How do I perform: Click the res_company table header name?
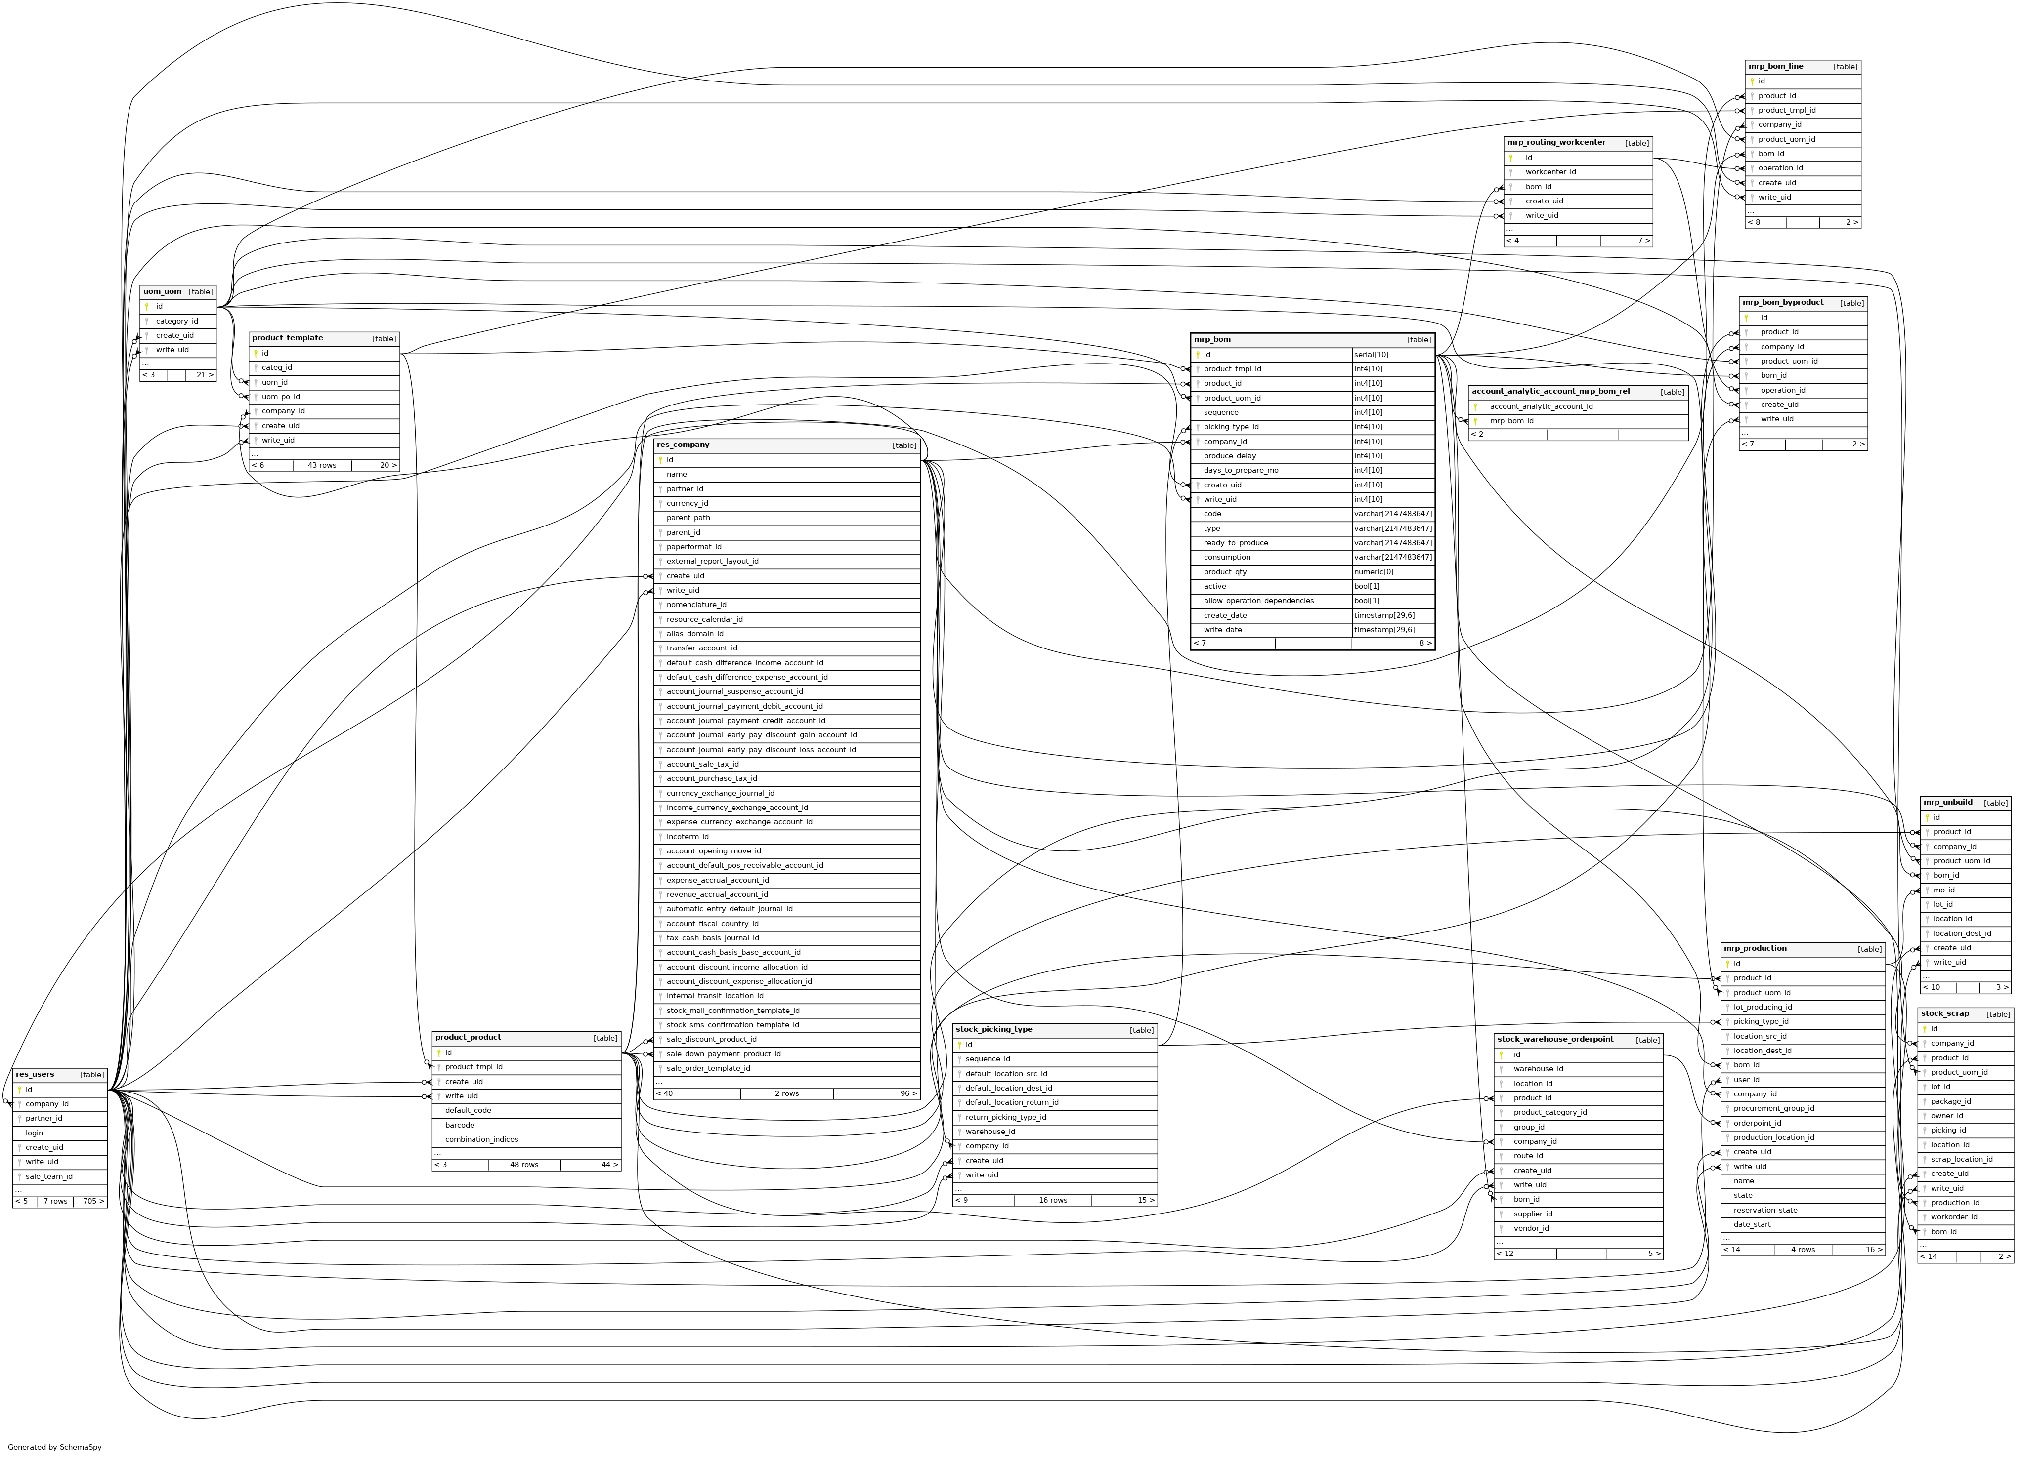click(x=683, y=445)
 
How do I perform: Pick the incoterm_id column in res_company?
click(x=688, y=837)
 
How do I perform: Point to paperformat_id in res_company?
click(x=693, y=547)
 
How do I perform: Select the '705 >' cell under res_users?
click(x=93, y=1201)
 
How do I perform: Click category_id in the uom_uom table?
click(x=176, y=321)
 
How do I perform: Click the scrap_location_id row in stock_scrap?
click(x=1961, y=1159)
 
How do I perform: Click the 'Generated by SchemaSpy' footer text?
click(x=54, y=1447)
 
